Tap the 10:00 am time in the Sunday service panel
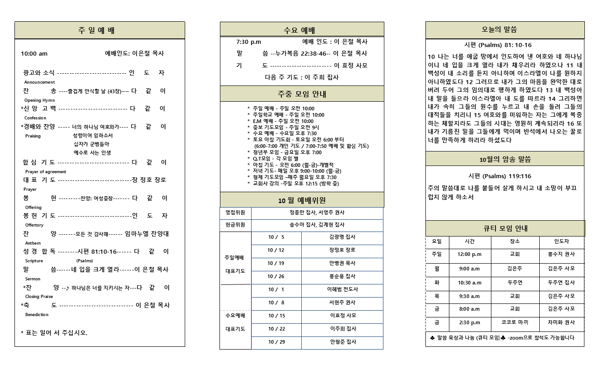[x=34, y=54]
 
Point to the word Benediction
[x=37, y=315]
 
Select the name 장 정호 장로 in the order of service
[x=149, y=180]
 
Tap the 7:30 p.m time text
[x=248, y=42]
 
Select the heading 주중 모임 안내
[x=302, y=94]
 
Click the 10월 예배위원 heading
[x=302, y=200]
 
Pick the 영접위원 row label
[x=235, y=213]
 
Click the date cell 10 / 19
[x=276, y=263]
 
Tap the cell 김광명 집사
[x=342, y=237]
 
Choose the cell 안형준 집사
[x=342, y=342]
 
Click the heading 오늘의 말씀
[x=505, y=30]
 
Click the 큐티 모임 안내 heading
[x=505, y=228]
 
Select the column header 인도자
[x=561, y=241]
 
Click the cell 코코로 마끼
[x=514, y=322]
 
